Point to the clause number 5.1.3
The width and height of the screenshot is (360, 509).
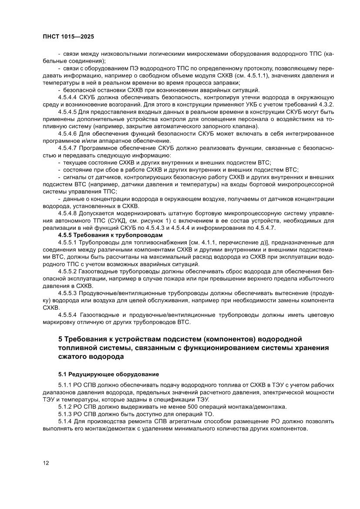pyautogui.click(x=65, y=414)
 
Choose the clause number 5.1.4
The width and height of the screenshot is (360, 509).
pyautogui.click(x=65, y=421)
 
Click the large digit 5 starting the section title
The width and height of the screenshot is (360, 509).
pyautogui.click(x=61, y=339)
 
